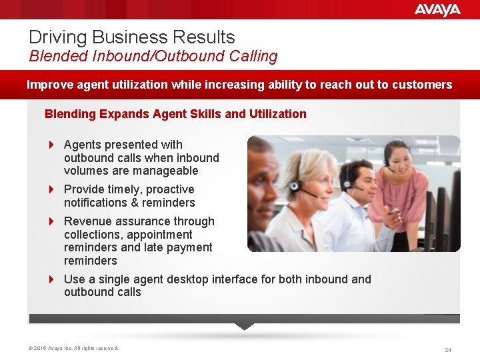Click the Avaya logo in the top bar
pyautogui.click(x=437, y=9)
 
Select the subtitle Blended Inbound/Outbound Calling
pyautogui.click(x=153, y=56)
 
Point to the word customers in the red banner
pyautogui.click(x=423, y=85)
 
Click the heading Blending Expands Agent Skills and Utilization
pyautogui.click(x=175, y=114)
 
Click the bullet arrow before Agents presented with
pyautogui.click(x=52, y=145)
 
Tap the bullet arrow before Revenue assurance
pyautogui.click(x=52, y=221)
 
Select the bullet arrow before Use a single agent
pyautogui.click(x=52, y=279)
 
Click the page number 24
pyautogui.click(x=448, y=349)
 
